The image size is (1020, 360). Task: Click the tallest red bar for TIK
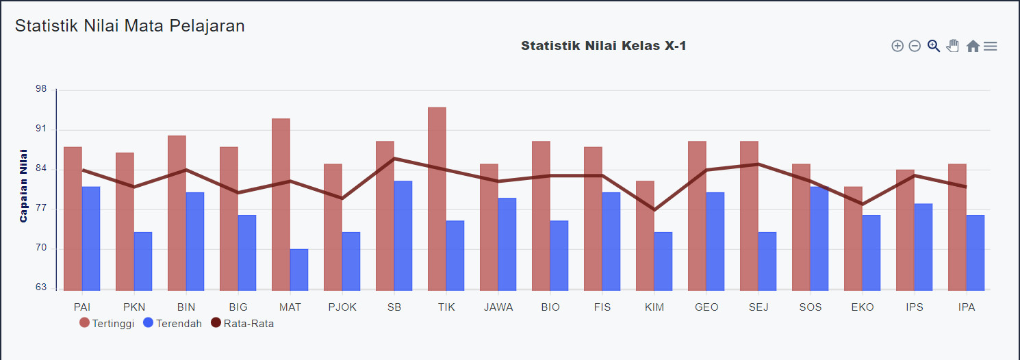pyautogui.click(x=437, y=198)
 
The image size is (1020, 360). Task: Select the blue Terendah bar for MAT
pyautogui.click(x=299, y=270)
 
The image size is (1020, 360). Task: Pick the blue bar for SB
pyautogui.click(x=403, y=235)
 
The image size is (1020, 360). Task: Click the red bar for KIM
pyautogui.click(x=645, y=235)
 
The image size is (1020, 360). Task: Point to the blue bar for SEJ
pyautogui.click(x=767, y=261)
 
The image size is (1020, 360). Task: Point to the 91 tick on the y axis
pyautogui.click(x=41, y=129)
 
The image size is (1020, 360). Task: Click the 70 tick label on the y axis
pyautogui.click(x=41, y=248)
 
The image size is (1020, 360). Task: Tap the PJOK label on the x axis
pyautogui.click(x=342, y=307)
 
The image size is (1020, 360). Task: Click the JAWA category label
pyautogui.click(x=498, y=307)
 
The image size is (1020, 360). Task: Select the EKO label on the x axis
pyautogui.click(x=863, y=307)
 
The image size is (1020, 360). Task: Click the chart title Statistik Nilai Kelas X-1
pyautogui.click(x=604, y=46)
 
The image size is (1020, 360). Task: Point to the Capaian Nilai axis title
pyautogui.click(x=24, y=185)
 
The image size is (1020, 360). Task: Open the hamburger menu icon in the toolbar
pyautogui.click(x=990, y=47)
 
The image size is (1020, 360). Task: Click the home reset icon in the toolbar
pyautogui.click(x=973, y=47)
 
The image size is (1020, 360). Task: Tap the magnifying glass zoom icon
pyautogui.click(x=933, y=46)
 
